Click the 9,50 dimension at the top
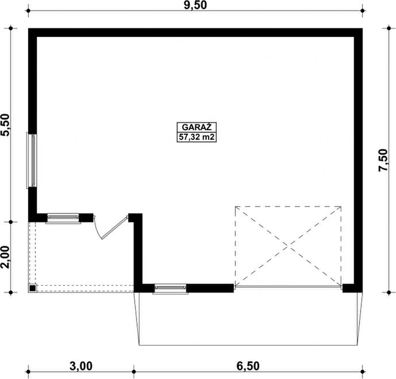pyautogui.click(x=195, y=5)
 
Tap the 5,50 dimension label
pyautogui.click(x=6, y=125)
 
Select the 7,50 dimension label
pyautogui.click(x=383, y=160)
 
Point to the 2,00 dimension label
pyautogui.click(x=6, y=257)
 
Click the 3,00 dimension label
pyautogui.click(x=81, y=366)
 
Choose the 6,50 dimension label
pyautogui.click(x=248, y=366)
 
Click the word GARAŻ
pyautogui.click(x=197, y=127)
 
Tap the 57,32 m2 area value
pyautogui.click(x=197, y=137)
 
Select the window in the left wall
pyautogui.click(x=32, y=161)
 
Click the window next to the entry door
pyautogui.click(x=63, y=218)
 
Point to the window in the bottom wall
pyautogui.click(x=171, y=289)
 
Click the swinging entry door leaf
pyautogui.click(x=114, y=228)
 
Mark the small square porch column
pyautogui.click(x=32, y=288)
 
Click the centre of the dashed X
pyautogui.click(x=288, y=246)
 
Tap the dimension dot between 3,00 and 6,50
pyautogui.click(x=134, y=372)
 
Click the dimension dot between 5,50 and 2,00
pyautogui.click(x=10, y=222)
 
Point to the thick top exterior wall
pyautogui.click(x=195, y=33)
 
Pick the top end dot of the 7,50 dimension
pyautogui.click(x=389, y=28)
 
